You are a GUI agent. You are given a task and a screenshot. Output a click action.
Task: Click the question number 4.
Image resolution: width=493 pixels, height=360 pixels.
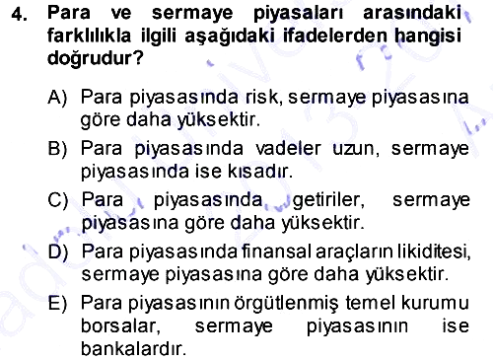pos(20,14)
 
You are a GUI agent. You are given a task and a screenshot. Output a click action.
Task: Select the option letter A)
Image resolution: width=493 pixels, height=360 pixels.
pos(57,98)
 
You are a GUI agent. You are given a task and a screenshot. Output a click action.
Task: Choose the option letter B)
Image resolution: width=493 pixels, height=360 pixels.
pos(57,149)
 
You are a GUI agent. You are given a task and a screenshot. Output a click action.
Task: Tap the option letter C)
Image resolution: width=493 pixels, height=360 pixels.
pos(58,200)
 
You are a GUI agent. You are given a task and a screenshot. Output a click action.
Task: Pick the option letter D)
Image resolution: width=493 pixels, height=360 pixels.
pos(58,252)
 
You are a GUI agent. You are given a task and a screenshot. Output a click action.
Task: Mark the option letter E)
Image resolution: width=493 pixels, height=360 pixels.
pos(57,303)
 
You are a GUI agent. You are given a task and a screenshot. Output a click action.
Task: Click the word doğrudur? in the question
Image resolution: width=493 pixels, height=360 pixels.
pos(96,58)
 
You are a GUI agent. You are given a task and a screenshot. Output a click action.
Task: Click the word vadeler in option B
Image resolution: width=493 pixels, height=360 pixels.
pos(288,149)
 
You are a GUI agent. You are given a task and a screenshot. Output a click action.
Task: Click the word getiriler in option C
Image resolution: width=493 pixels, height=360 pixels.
pos(328,200)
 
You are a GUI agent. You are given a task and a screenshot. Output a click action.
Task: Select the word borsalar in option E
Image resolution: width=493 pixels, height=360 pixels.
pos(120,326)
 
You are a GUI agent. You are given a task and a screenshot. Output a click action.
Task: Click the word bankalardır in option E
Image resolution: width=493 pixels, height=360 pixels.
pos(133,348)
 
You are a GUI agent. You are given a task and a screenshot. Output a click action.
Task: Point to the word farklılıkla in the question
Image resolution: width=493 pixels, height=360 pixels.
pos(89,36)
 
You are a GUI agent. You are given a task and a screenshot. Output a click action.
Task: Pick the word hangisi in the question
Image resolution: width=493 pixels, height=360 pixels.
pos(428,36)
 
